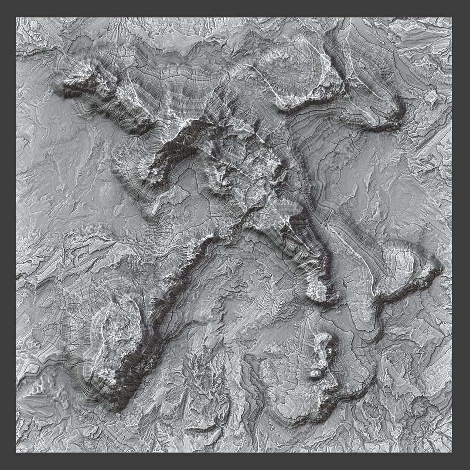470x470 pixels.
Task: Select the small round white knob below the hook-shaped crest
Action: tap(315, 373)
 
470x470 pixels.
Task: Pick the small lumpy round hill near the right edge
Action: tap(431, 96)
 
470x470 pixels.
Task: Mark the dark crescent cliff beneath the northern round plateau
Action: tap(305, 104)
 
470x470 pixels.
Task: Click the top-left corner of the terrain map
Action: tap(16, 18)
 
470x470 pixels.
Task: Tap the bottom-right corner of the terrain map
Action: tap(452, 452)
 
